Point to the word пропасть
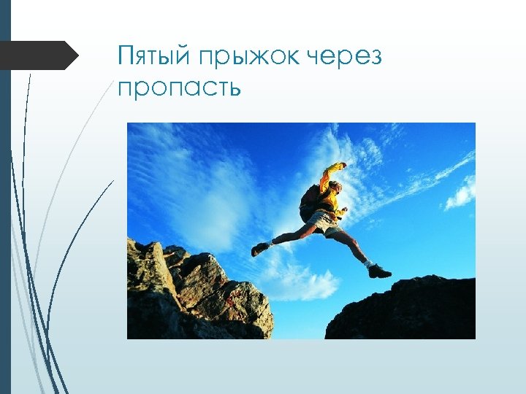(x=179, y=88)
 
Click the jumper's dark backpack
(x=310, y=202)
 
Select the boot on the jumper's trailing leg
(x=259, y=248)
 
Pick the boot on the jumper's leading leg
(x=379, y=271)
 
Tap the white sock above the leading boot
(x=370, y=263)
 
